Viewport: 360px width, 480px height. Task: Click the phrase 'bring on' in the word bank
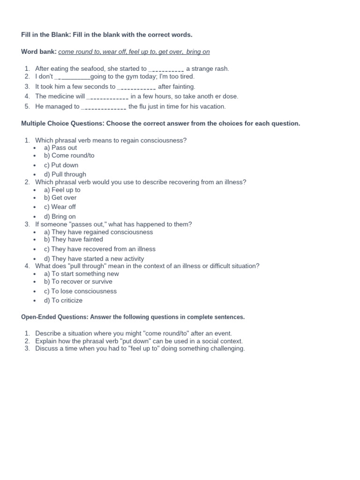click(198, 52)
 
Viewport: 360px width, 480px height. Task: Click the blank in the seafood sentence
click(166, 69)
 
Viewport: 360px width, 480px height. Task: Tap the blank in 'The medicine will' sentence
click(108, 97)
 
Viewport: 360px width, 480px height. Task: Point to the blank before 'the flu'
click(104, 107)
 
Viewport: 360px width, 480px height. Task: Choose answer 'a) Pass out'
click(60, 148)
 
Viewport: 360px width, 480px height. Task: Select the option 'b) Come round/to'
click(69, 155)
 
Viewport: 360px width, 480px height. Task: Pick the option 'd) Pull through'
click(65, 174)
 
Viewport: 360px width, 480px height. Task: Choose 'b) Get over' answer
click(60, 197)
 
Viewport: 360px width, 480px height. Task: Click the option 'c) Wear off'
click(60, 207)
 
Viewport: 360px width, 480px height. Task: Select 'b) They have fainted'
click(74, 239)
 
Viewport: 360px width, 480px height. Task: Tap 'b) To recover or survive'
click(78, 281)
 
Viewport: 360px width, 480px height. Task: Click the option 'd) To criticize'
click(63, 300)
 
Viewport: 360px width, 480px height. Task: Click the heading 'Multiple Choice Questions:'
click(63, 124)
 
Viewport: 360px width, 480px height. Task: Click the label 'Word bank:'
click(39, 52)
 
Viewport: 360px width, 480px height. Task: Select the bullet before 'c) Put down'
click(35, 165)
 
